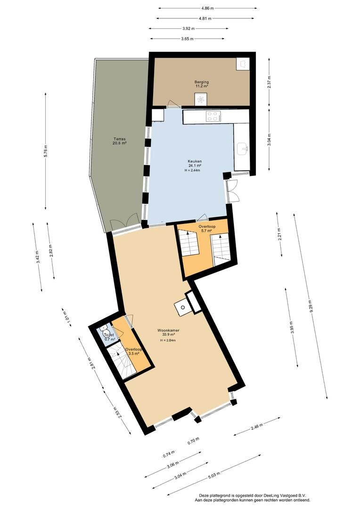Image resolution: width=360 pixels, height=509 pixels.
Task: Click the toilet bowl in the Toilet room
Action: (106, 333)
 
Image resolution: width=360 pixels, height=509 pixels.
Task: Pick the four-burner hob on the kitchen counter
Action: (213, 116)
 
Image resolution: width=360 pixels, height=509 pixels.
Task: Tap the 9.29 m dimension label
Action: (311, 305)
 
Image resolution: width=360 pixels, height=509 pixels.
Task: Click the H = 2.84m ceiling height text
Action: (168, 340)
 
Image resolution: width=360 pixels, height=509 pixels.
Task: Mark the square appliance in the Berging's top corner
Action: (243, 64)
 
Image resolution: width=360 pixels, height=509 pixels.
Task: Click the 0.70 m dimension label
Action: (194, 441)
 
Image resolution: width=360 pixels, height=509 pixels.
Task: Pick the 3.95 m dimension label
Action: (292, 328)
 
